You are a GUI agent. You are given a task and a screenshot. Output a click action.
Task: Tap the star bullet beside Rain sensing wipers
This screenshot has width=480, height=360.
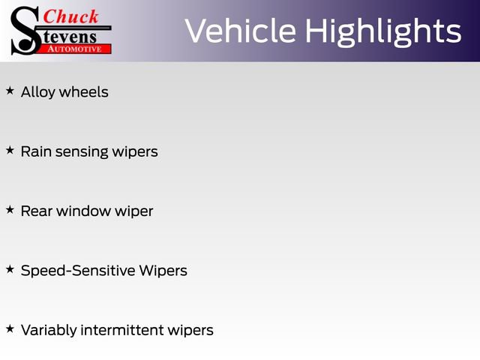pyautogui.click(x=10, y=150)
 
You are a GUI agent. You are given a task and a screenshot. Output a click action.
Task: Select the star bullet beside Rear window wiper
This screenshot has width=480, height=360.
pyautogui.click(x=10, y=210)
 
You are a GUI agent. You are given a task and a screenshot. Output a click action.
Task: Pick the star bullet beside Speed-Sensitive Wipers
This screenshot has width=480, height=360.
pyautogui.click(x=10, y=268)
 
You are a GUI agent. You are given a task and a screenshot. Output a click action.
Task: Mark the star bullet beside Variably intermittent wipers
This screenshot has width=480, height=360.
pyautogui.click(x=10, y=328)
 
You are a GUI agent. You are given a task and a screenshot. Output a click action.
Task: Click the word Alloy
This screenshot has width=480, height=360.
pyautogui.click(x=37, y=92)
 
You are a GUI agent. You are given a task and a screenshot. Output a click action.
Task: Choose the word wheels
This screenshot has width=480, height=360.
pyautogui.click(x=83, y=92)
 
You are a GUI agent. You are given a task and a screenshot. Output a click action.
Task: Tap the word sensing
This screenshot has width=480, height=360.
pyautogui.click(x=79, y=152)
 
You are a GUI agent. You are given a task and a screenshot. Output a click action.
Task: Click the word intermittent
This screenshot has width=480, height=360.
pyautogui.click(x=133, y=330)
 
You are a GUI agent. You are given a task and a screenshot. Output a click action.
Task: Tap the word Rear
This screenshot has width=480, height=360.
pyautogui.click(x=37, y=211)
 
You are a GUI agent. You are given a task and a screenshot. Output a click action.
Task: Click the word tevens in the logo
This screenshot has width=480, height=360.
pyautogui.click(x=71, y=35)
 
